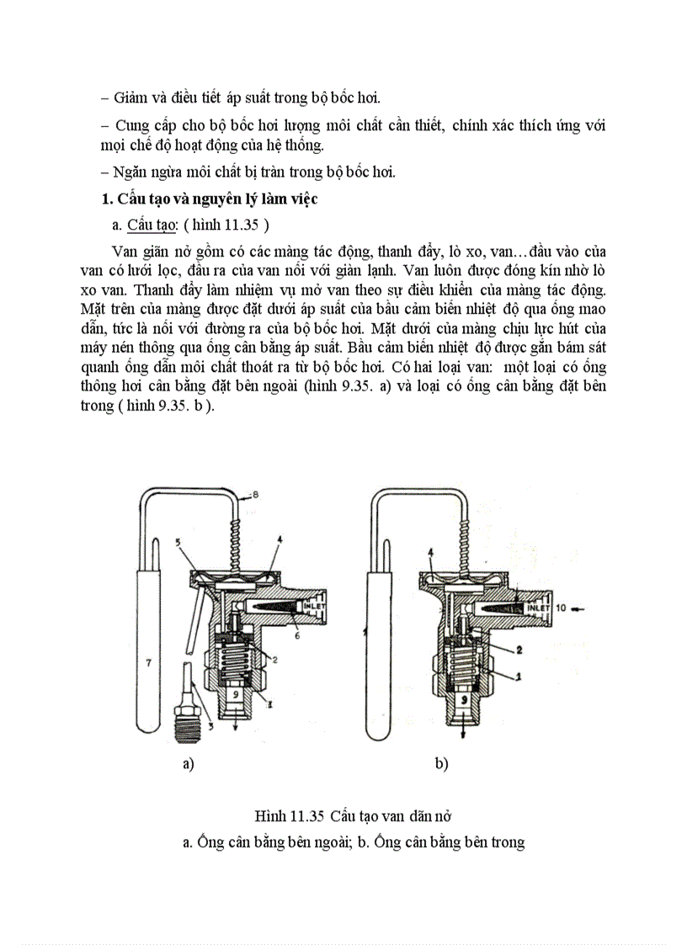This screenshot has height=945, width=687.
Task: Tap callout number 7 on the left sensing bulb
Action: click(x=148, y=663)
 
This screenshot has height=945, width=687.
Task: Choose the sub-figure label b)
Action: click(x=441, y=764)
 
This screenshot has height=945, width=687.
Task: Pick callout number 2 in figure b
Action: click(x=519, y=649)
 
